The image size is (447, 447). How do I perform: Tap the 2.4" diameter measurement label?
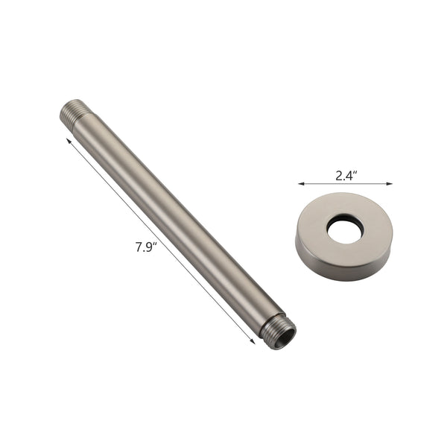[346, 176]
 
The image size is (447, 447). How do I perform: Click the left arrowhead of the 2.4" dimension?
[299, 183]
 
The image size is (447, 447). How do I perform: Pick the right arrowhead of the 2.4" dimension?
[390, 183]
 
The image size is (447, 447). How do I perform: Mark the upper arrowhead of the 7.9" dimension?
[69, 139]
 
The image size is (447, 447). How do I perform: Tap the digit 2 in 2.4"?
[339, 176]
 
